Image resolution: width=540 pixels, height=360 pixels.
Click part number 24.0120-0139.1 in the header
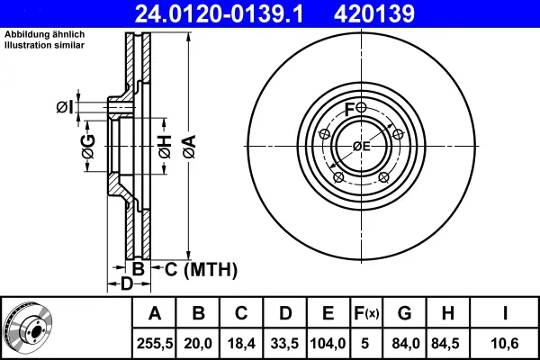point(219,14)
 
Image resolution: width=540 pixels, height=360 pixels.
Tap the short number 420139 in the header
point(374,14)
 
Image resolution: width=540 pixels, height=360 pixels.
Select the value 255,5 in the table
point(155,344)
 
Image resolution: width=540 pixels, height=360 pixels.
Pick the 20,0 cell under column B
point(198,344)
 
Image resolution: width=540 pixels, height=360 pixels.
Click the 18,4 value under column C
point(241,344)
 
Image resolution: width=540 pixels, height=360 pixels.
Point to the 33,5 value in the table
point(284,344)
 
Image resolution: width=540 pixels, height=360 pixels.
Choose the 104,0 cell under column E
point(328,344)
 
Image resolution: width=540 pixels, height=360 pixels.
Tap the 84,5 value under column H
point(447,344)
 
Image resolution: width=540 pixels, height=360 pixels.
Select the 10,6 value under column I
point(505,344)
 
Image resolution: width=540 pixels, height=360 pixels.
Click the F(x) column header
point(366,313)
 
